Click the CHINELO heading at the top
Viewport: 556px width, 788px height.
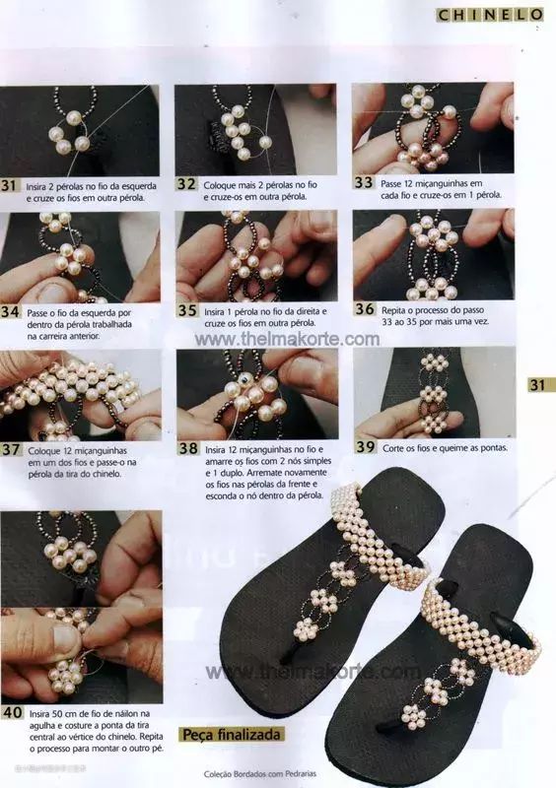tap(490, 15)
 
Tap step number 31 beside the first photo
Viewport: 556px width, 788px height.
tap(8, 185)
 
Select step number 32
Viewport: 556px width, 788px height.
tap(186, 184)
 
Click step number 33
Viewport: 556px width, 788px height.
tap(363, 182)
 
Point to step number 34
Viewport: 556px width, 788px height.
tap(10, 311)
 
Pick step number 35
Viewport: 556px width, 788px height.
tap(187, 310)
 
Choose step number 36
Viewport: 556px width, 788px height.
tap(365, 308)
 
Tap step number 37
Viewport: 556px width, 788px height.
tap(10, 449)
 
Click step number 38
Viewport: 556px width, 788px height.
tap(188, 448)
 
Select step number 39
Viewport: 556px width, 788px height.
tap(366, 446)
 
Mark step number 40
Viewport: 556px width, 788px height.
tap(12, 712)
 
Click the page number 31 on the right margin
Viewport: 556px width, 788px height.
tap(538, 385)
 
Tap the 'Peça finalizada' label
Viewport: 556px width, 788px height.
tap(231, 734)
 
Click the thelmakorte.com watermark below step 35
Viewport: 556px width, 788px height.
tap(287, 339)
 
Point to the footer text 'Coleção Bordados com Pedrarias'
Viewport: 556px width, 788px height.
tap(260, 773)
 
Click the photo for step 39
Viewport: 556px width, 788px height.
tap(434, 392)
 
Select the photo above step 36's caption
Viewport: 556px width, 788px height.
tap(433, 254)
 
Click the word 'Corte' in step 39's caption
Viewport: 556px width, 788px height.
tap(393, 448)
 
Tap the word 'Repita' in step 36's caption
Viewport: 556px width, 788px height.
tap(394, 310)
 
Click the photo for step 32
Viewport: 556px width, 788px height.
tap(255, 129)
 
